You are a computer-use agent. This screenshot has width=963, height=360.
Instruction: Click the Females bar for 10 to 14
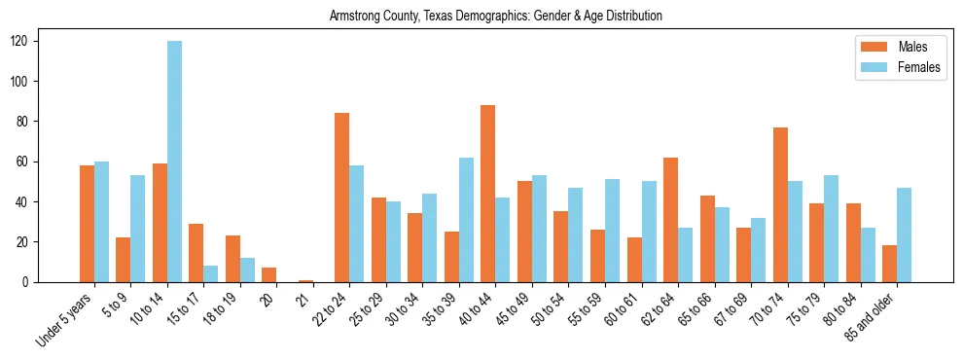click(x=174, y=162)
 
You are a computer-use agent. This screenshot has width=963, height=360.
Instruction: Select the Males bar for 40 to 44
click(x=488, y=194)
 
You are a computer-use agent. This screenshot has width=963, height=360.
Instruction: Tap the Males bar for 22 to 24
click(x=342, y=198)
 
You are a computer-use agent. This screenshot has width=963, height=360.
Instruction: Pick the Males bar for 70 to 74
click(x=780, y=204)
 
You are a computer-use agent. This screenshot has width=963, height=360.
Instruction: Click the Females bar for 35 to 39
click(x=466, y=220)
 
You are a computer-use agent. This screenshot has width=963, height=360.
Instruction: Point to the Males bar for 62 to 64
click(x=670, y=220)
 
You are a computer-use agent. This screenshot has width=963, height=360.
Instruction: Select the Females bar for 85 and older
click(x=904, y=234)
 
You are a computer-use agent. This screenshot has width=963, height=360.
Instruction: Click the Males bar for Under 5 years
click(x=87, y=224)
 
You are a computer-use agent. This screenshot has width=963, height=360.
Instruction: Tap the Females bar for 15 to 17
click(x=211, y=273)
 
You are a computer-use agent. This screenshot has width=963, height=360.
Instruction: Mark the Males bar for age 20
click(x=269, y=274)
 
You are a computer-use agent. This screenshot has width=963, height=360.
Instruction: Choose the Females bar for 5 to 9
click(x=138, y=229)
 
